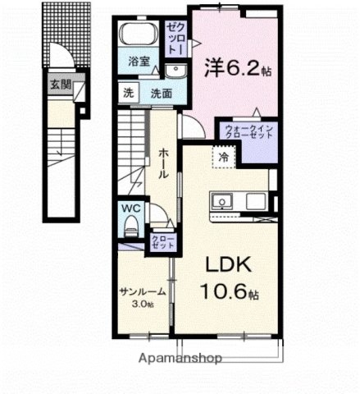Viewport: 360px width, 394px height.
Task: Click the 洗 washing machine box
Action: pyautogui.click(x=127, y=92)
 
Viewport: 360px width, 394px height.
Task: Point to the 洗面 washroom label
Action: pyautogui.click(x=161, y=93)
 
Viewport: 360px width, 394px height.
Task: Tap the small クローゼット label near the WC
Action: pyautogui.click(x=161, y=242)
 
